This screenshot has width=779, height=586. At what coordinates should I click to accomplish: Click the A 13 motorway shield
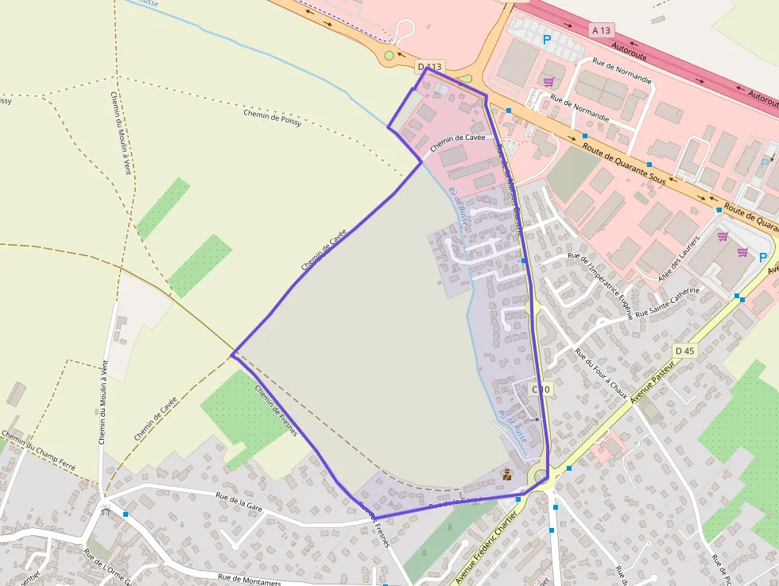601,30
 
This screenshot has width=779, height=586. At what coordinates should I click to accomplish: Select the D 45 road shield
684,351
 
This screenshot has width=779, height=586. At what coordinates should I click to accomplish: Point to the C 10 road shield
540,389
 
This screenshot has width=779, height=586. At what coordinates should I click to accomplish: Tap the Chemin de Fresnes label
276,410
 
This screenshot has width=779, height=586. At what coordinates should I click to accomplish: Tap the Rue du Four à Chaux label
601,374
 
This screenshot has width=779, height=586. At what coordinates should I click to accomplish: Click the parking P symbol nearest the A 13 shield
546,38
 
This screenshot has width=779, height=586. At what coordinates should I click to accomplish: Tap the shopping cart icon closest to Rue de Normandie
548,81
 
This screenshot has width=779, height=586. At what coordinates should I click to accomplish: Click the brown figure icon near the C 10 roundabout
506,475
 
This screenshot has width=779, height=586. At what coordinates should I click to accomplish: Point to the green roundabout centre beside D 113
389,55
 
